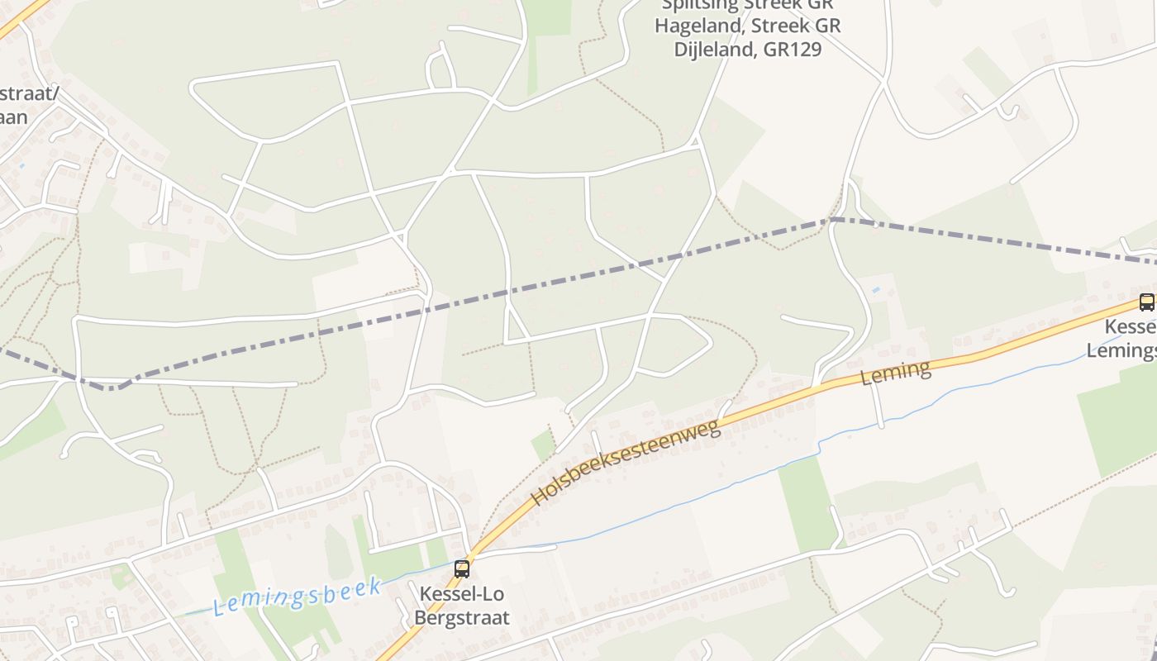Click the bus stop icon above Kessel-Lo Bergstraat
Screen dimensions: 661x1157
pyautogui.click(x=462, y=568)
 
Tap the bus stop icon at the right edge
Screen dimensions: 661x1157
pyautogui.click(x=1146, y=302)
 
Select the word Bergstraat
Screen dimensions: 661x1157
pyautogui.click(x=461, y=617)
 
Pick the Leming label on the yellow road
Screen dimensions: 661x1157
pyautogui.click(x=896, y=373)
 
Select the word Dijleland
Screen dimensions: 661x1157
pyautogui.click(x=715, y=50)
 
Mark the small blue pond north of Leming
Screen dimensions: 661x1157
pyautogui.click(x=874, y=291)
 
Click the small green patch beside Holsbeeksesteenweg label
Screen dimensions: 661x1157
pyautogui.click(x=543, y=445)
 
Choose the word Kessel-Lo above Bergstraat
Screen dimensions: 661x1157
pyautogui.click(x=461, y=594)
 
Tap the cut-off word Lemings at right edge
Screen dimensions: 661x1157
pyautogui.click(x=1121, y=350)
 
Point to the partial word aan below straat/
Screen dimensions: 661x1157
pyautogui.click(x=14, y=117)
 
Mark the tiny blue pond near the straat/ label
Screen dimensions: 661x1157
pyautogui.click(x=21, y=165)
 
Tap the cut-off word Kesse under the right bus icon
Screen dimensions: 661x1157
pyautogui.click(x=1131, y=326)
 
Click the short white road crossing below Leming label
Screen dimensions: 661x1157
pyautogui.click(x=878, y=405)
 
